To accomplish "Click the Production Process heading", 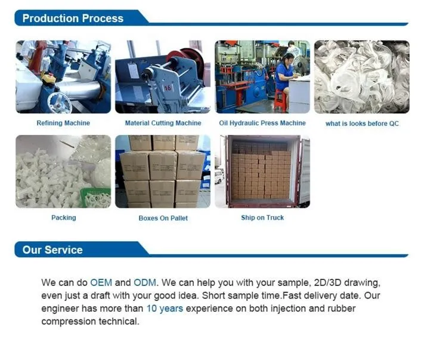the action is coord(73,19).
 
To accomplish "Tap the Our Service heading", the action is coord(52,250).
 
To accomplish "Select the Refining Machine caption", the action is coord(63,123).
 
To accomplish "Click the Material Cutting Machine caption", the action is coord(163,123).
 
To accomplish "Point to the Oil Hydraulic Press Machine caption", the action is coord(262,123).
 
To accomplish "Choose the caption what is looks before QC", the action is coord(362,124).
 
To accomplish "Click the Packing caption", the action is coord(64,218).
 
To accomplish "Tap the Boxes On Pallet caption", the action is coord(163,218).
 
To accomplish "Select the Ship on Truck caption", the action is coord(262,218).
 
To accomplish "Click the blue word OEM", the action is coord(101,282).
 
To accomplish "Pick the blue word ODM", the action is coord(145,282).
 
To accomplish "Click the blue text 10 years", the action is coord(165,309).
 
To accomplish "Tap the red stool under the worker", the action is coord(280,101).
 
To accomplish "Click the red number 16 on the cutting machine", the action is coord(168,88).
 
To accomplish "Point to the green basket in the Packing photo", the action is coord(96,198).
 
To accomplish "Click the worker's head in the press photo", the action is coord(289,58).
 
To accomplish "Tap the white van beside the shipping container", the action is coord(219,176).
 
